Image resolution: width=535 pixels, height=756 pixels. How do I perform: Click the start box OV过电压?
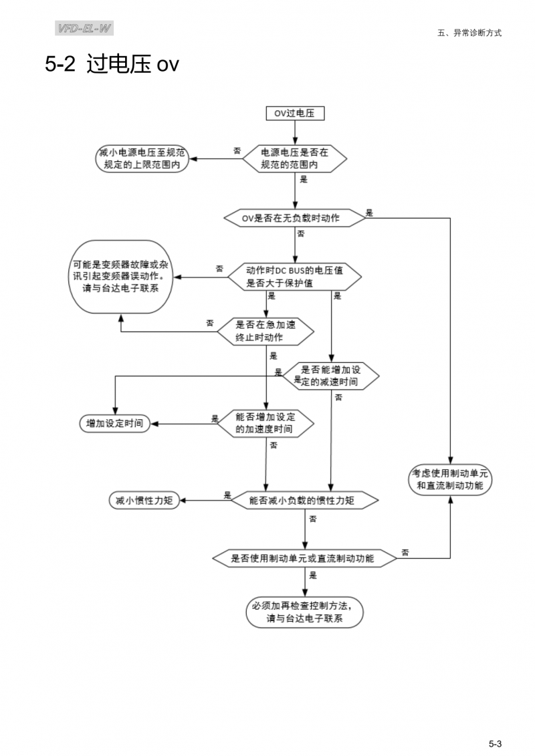(x=295, y=114)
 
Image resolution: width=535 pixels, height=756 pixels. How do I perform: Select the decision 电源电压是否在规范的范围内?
(x=295, y=158)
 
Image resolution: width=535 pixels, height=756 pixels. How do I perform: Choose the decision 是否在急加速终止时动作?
(x=265, y=331)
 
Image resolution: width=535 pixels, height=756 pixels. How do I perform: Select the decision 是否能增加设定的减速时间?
(x=330, y=376)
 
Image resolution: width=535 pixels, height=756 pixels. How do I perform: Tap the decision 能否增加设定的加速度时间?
(x=265, y=423)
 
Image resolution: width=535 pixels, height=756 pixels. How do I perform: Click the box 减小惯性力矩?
(x=144, y=500)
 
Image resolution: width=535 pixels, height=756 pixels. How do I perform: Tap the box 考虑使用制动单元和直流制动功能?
(x=450, y=479)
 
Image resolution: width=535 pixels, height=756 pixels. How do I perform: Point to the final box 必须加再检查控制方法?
(x=305, y=612)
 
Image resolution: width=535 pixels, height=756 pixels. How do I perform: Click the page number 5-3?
(x=495, y=725)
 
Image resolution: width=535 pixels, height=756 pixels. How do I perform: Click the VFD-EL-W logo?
(x=85, y=29)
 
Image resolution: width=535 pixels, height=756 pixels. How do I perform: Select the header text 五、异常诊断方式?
(x=469, y=32)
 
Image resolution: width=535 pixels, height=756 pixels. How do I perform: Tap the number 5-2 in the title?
(x=60, y=65)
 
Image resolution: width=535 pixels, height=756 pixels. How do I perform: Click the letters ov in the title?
(x=168, y=66)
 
